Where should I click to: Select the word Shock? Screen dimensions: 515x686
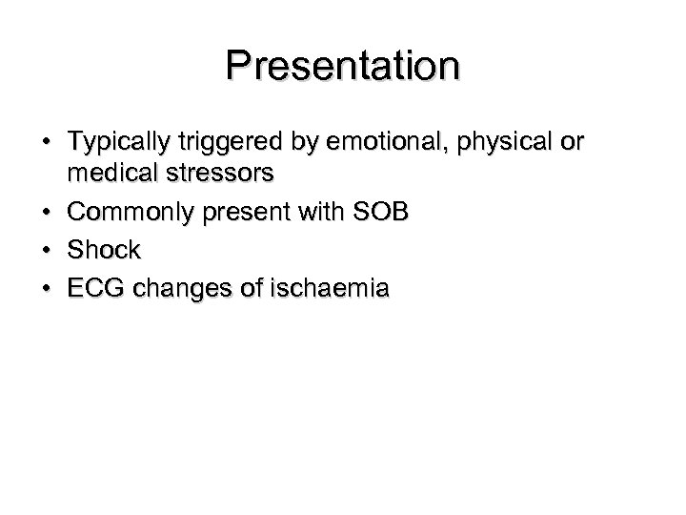pos(104,251)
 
